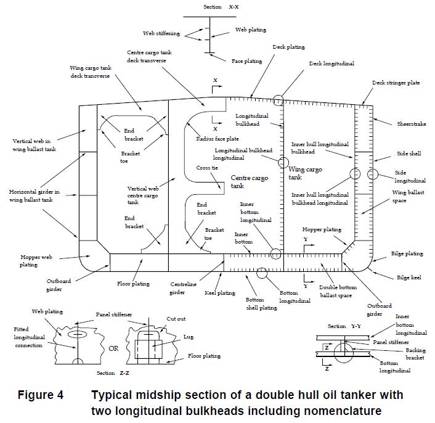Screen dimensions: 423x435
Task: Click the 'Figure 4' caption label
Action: click(x=41, y=395)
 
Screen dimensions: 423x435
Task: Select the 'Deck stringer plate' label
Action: click(x=396, y=83)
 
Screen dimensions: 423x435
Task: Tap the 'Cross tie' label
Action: click(x=207, y=168)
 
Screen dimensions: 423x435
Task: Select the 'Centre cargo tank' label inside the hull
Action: click(x=245, y=181)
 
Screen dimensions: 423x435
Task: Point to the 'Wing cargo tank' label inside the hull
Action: click(x=305, y=173)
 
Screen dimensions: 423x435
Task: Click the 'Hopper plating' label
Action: click(x=321, y=229)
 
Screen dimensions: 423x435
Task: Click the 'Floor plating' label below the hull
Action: click(x=133, y=284)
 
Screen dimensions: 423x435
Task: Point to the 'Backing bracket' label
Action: click(x=415, y=354)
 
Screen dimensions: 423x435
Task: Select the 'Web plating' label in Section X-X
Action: click(x=248, y=30)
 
